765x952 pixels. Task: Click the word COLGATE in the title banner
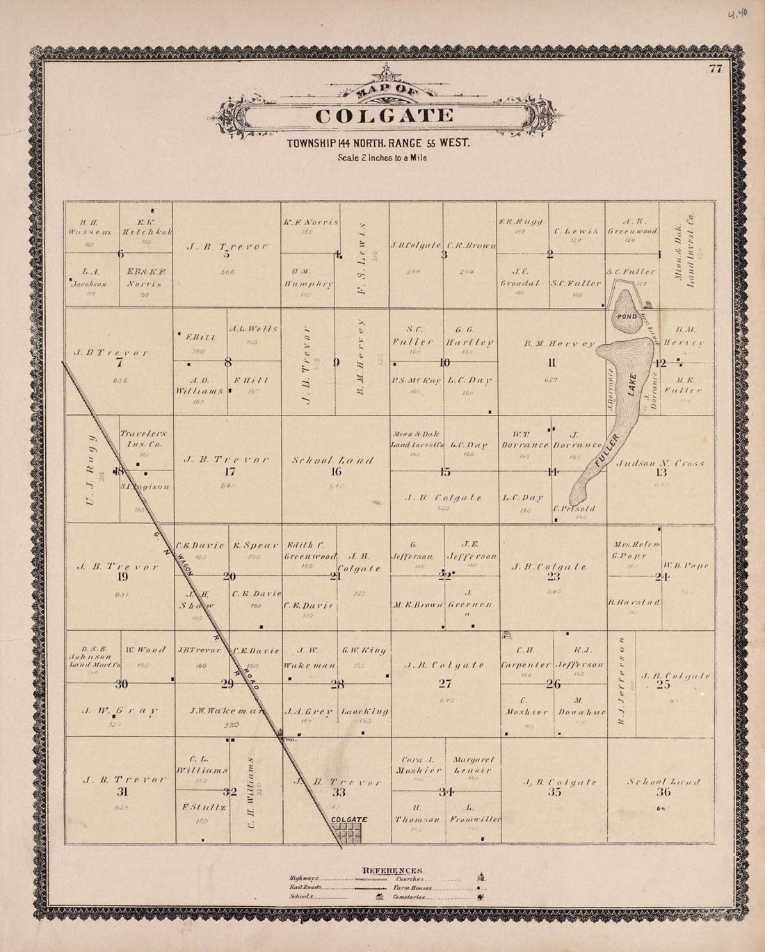(385, 116)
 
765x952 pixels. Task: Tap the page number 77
(715, 68)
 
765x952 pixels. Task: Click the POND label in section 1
(625, 316)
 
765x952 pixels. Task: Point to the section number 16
(336, 472)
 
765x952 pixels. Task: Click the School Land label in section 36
(663, 782)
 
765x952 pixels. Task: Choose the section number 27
(445, 684)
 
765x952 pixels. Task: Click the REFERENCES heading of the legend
(393, 870)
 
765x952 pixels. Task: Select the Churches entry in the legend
(410, 879)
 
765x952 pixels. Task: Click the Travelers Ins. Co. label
(145, 438)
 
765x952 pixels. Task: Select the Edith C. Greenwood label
(309, 551)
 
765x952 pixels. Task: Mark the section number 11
(552, 362)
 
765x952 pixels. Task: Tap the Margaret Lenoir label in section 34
(473, 764)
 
